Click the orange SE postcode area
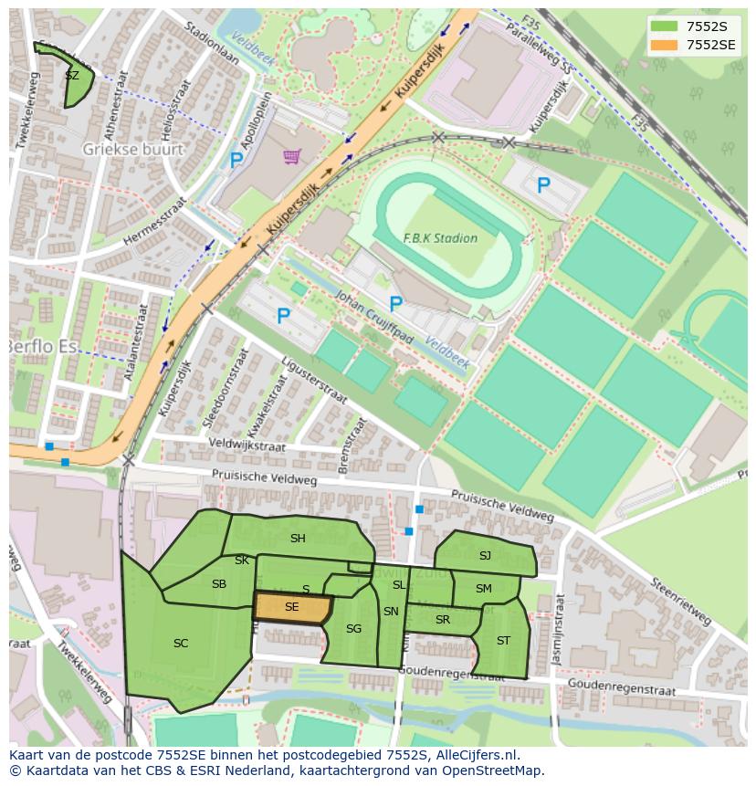(291, 607)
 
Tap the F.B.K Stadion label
(440, 238)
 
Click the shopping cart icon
(291, 157)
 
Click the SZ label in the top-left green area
(72, 76)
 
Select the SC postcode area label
(181, 644)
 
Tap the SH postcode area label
(298, 539)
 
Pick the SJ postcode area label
(485, 555)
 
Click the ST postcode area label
(503, 641)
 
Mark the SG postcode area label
(353, 629)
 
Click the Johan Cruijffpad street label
(375, 318)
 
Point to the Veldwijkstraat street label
(247, 445)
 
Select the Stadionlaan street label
(210, 44)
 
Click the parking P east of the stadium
(543, 186)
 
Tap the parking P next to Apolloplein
(236, 161)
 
